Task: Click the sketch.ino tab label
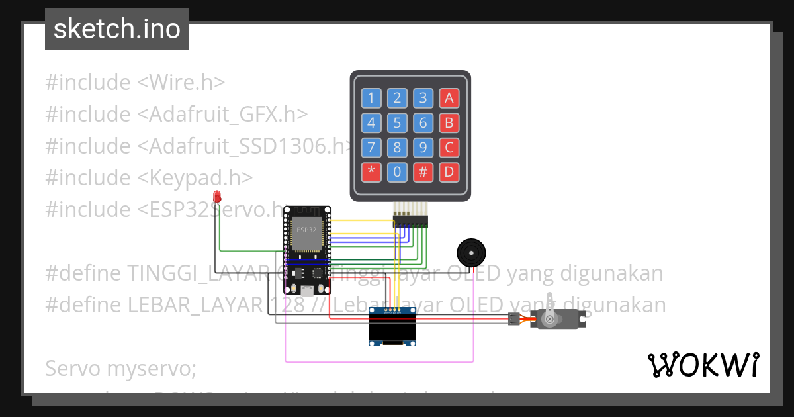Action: pyautogui.click(x=117, y=29)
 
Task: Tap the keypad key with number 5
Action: pyautogui.click(x=397, y=123)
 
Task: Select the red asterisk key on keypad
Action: pyautogui.click(x=371, y=173)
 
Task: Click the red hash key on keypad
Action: pyautogui.click(x=423, y=173)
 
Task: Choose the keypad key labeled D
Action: pyautogui.click(x=449, y=173)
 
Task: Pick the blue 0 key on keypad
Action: pyautogui.click(x=397, y=173)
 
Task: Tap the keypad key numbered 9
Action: pyautogui.click(x=423, y=148)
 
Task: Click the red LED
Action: pyautogui.click(x=216, y=197)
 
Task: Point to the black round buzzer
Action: pyautogui.click(x=470, y=253)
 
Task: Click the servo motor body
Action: pyautogui.click(x=559, y=320)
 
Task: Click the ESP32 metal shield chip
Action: pyautogui.click(x=306, y=234)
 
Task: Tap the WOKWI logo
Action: pyautogui.click(x=703, y=364)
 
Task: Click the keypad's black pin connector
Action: pyautogui.click(x=410, y=220)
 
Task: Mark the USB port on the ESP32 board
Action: pyautogui.click(x=307, y=289)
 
